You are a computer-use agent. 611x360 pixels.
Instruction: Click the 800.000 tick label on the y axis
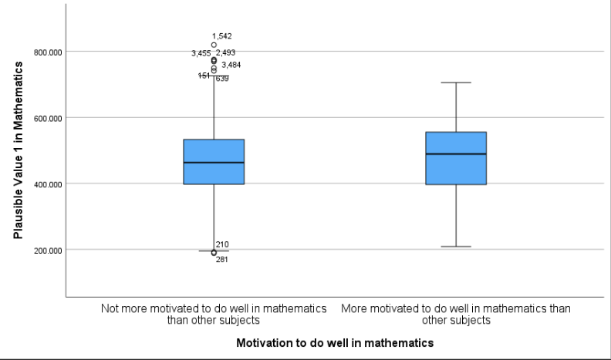[47, 52]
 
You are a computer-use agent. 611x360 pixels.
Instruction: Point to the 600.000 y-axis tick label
[47, 118]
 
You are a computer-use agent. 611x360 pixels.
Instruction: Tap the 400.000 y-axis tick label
[47, 184]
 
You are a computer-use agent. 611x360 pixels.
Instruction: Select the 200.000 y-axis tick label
[47, 250]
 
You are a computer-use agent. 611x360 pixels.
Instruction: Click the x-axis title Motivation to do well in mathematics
[335, 341]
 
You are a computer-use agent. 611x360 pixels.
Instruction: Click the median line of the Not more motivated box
[214, 163]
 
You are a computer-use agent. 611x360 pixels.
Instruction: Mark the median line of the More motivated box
[456, 154]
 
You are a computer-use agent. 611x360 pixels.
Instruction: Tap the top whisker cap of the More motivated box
[456, 82]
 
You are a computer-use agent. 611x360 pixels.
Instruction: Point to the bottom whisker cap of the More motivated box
[456, 247]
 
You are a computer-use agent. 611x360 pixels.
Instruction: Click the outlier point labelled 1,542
[214, 45]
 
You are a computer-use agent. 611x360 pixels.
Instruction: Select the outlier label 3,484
[231, 66]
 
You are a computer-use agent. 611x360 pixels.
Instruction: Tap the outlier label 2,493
[226, 53]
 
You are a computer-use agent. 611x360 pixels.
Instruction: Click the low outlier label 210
[222, 244]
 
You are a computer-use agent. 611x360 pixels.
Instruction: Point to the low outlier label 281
[222, 260]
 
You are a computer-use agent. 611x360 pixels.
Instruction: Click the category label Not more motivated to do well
[214, 314]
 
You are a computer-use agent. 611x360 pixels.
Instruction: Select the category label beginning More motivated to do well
[456, 314]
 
